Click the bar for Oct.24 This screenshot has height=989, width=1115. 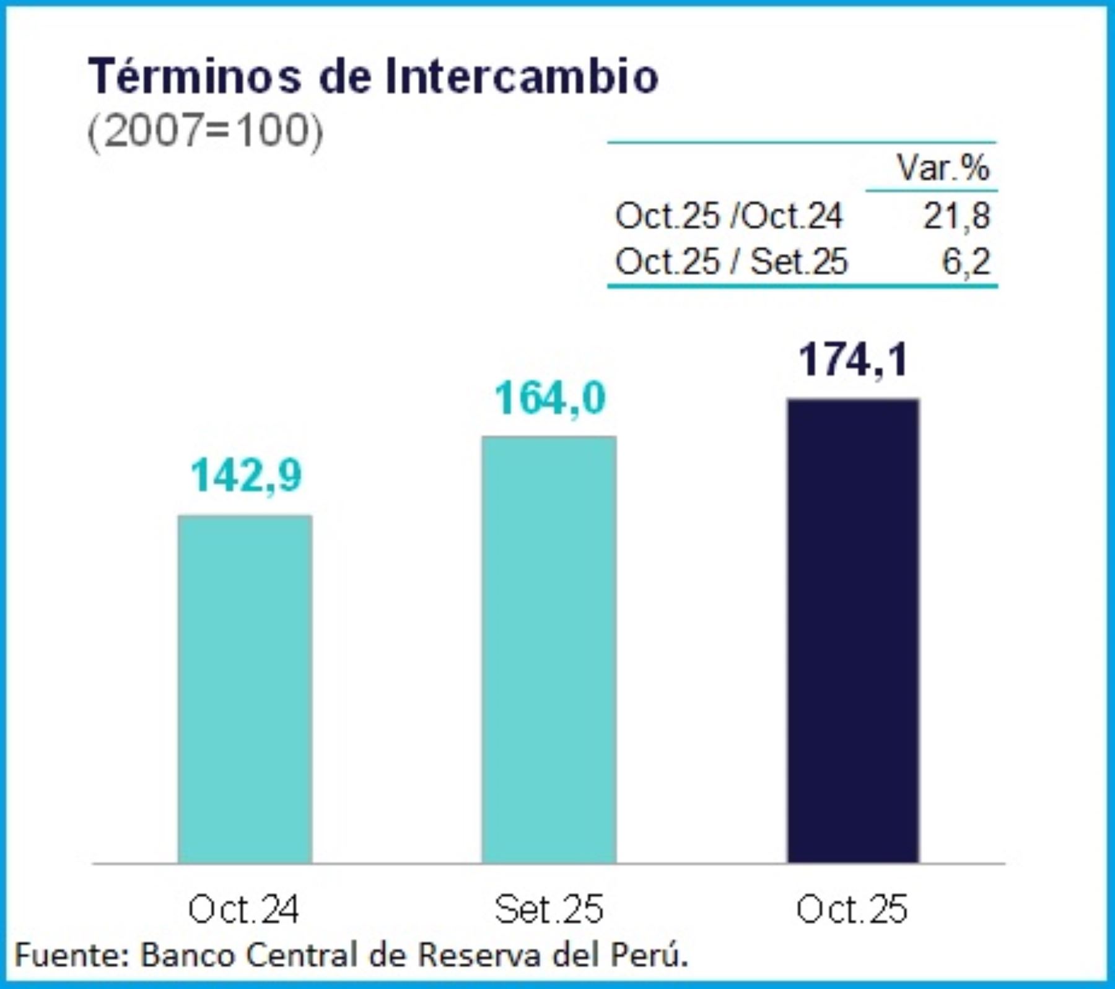(x=245, y=687)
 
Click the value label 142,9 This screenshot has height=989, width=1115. (x=246, y=476)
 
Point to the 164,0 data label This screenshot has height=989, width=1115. (x=549, y=398)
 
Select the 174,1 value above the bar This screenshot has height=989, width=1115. (x=853, y=360)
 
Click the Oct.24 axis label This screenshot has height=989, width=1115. (x=243, y=909)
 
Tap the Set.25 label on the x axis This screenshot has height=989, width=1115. (x=549, y=909)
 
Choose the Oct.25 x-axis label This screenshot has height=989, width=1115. (x=852, y=909)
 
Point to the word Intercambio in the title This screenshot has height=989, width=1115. (x=522, y=76)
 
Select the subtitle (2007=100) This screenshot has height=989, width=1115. (x=205, y=131)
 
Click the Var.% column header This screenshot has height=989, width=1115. (x=943, y=167)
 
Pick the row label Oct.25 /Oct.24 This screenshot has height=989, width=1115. (x=728, y=216)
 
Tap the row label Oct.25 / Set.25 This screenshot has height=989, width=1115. (x=731, y=261)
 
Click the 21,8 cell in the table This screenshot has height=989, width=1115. (x=956, y=216)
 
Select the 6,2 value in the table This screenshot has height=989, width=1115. (x=966, y=261)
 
